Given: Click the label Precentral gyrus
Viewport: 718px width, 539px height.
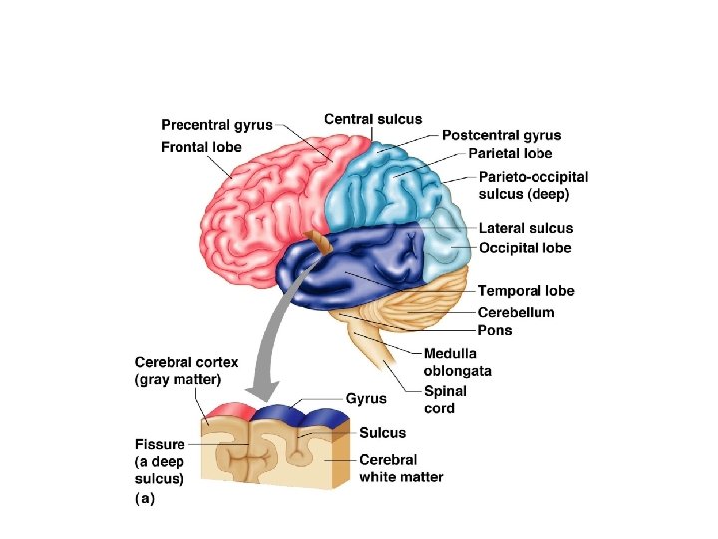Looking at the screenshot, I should (x=217, y=126).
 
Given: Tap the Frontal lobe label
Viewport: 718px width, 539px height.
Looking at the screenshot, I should (x=200, y=147).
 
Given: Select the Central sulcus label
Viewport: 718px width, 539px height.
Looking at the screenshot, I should (x=373, y=119).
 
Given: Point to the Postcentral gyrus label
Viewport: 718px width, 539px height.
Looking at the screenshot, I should (x=502, y=135).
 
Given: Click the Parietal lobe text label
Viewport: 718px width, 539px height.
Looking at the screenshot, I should (x=510, y=153).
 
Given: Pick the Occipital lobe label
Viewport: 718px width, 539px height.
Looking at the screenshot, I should (x=526, y=247).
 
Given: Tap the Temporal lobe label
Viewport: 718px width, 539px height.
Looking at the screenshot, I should (x=526, y=291).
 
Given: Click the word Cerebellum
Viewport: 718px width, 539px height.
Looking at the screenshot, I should (x=517, y=312).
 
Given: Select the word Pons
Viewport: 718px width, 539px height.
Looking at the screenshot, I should (x=494, y=330).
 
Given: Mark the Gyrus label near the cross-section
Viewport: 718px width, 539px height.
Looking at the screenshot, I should (x=366, y=398).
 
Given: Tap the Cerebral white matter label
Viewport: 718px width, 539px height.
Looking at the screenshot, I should (x=401, y=468).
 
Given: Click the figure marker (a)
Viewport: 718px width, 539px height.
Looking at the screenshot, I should (x=145, y=498).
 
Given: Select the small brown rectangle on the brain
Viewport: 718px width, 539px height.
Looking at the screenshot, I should (x=318, y=242).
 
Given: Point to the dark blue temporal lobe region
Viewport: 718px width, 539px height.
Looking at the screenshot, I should (x=349, y=269).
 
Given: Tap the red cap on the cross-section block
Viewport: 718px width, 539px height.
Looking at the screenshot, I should (x=229, y=408).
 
